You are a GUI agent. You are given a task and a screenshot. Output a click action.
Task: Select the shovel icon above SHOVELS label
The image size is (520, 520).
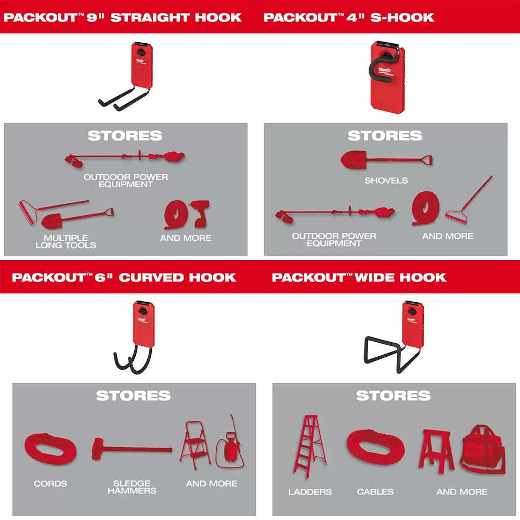386,159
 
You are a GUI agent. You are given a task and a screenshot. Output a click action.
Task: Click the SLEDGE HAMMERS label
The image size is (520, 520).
132,487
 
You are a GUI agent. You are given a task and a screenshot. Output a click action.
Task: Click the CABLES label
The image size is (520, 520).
375,491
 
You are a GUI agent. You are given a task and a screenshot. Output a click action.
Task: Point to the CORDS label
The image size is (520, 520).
50,484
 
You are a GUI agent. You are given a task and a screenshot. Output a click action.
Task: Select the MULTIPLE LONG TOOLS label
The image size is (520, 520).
66,241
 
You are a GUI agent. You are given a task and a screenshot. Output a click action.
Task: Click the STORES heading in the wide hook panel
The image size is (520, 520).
393,396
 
